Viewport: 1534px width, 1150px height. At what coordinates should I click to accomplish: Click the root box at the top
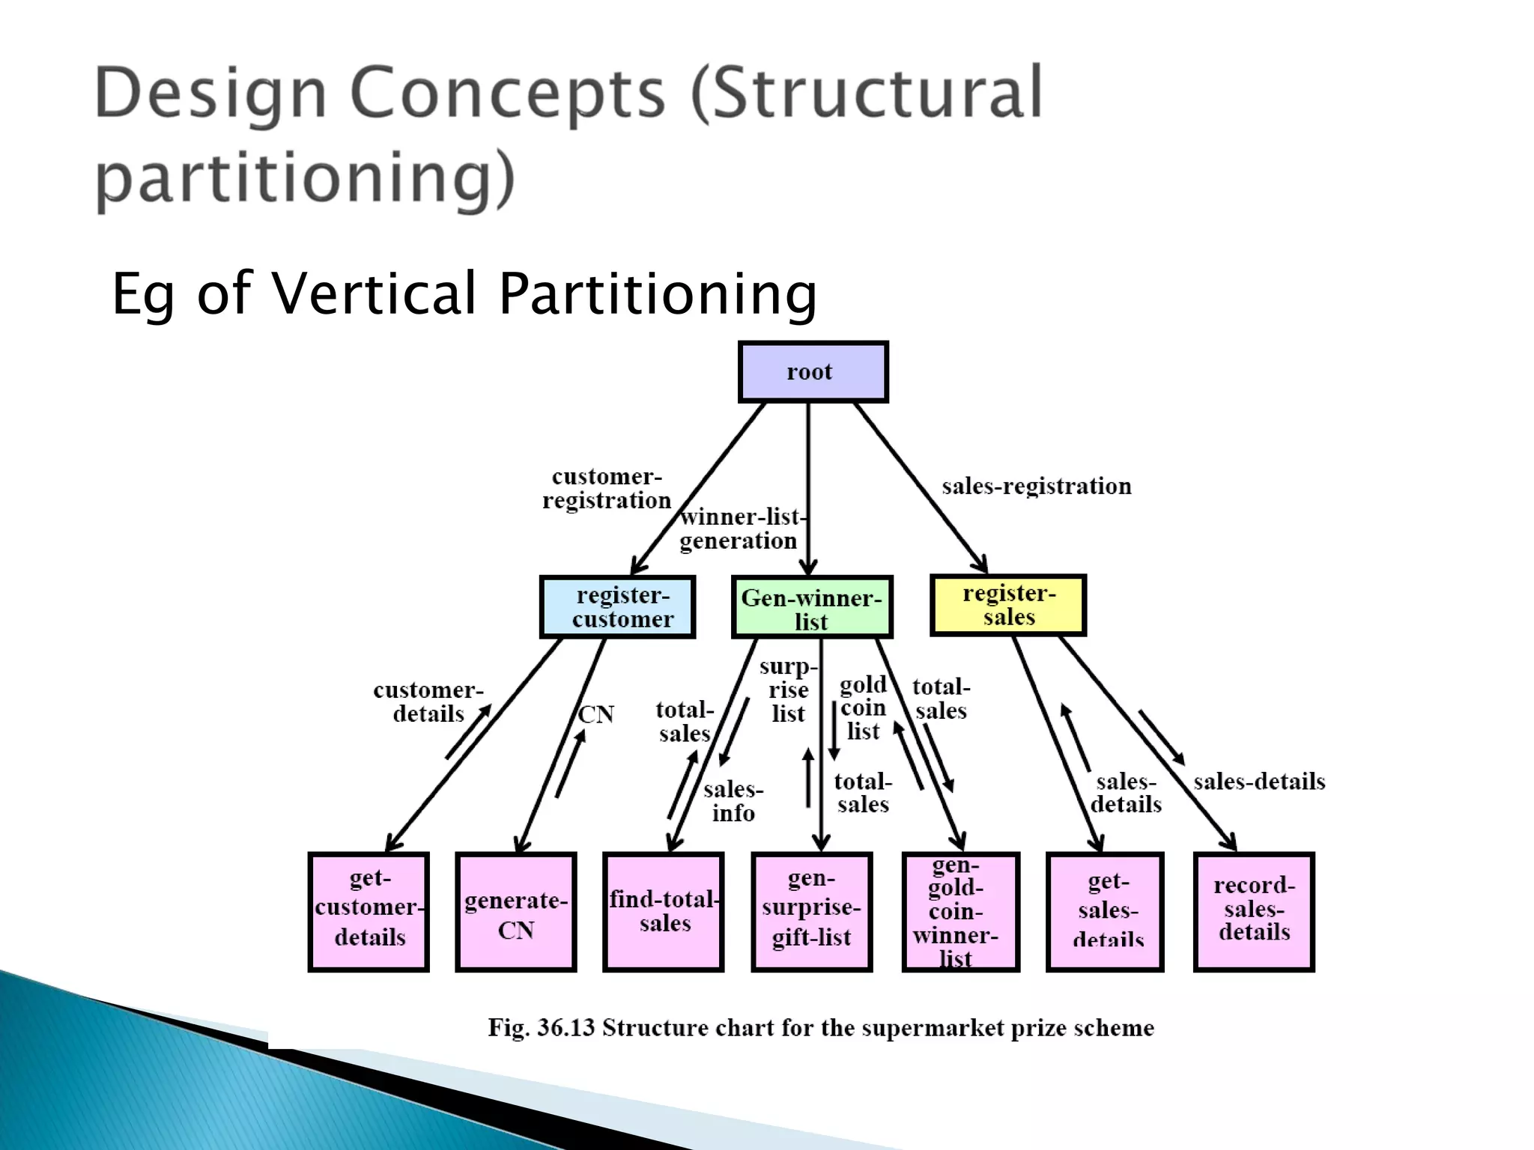[813, 372]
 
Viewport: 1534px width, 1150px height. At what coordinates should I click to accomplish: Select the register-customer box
[617, 607]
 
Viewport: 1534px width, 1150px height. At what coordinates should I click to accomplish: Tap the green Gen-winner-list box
[812, 608]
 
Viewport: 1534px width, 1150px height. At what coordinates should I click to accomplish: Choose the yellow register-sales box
[1007, 606]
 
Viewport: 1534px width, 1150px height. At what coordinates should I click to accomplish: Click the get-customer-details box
[369, 912]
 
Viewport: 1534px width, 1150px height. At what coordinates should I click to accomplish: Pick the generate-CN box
[516, 912]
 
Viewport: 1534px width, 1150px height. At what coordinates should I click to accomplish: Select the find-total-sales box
[664, 912]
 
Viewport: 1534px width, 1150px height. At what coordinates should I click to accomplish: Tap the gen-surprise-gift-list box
[812, 912]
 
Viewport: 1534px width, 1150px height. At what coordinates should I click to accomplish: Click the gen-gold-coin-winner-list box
[960, 912]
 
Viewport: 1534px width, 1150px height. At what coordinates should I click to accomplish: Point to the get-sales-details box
[1106, 912]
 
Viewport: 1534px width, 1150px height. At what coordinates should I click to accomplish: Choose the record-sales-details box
[1254, 912]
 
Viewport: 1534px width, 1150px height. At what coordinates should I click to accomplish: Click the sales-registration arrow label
[1036, 487]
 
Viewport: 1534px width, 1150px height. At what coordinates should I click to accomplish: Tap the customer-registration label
[607, 489]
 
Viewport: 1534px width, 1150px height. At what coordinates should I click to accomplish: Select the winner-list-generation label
[740, 529]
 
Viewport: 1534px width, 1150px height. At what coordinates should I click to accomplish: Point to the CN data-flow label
[596, 714]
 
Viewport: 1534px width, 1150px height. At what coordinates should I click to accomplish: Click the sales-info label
[733, 801]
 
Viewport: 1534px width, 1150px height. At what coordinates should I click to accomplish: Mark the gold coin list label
[863, 708]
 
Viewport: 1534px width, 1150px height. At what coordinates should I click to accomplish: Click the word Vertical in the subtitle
[374, 293]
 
